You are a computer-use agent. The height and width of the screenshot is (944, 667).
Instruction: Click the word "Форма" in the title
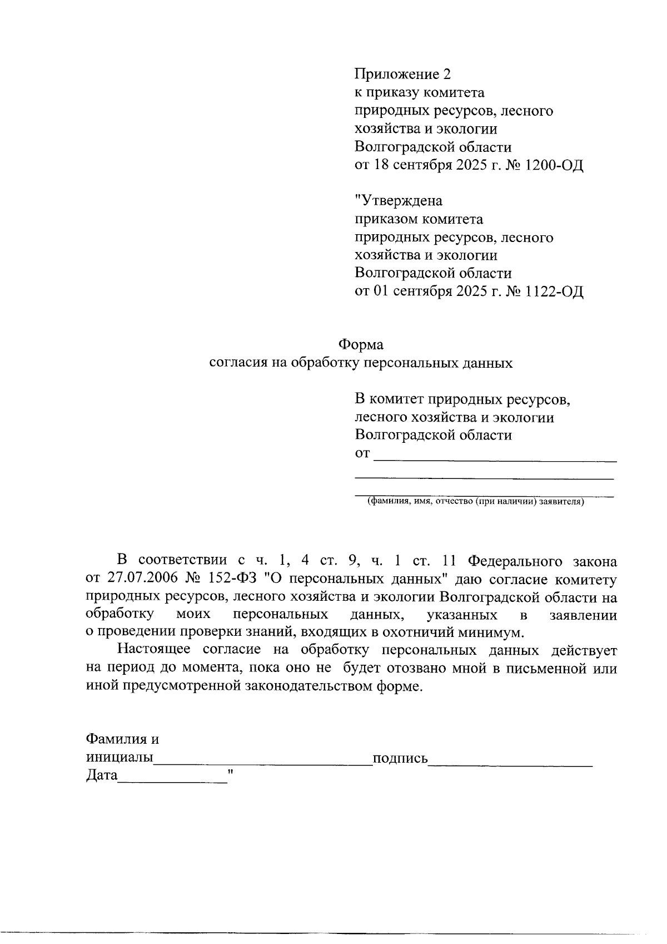[x=361, y=345]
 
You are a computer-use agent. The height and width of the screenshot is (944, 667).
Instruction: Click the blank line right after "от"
[x=495, y=459]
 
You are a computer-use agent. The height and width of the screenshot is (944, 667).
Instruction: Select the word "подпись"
[x=400, y=759]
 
